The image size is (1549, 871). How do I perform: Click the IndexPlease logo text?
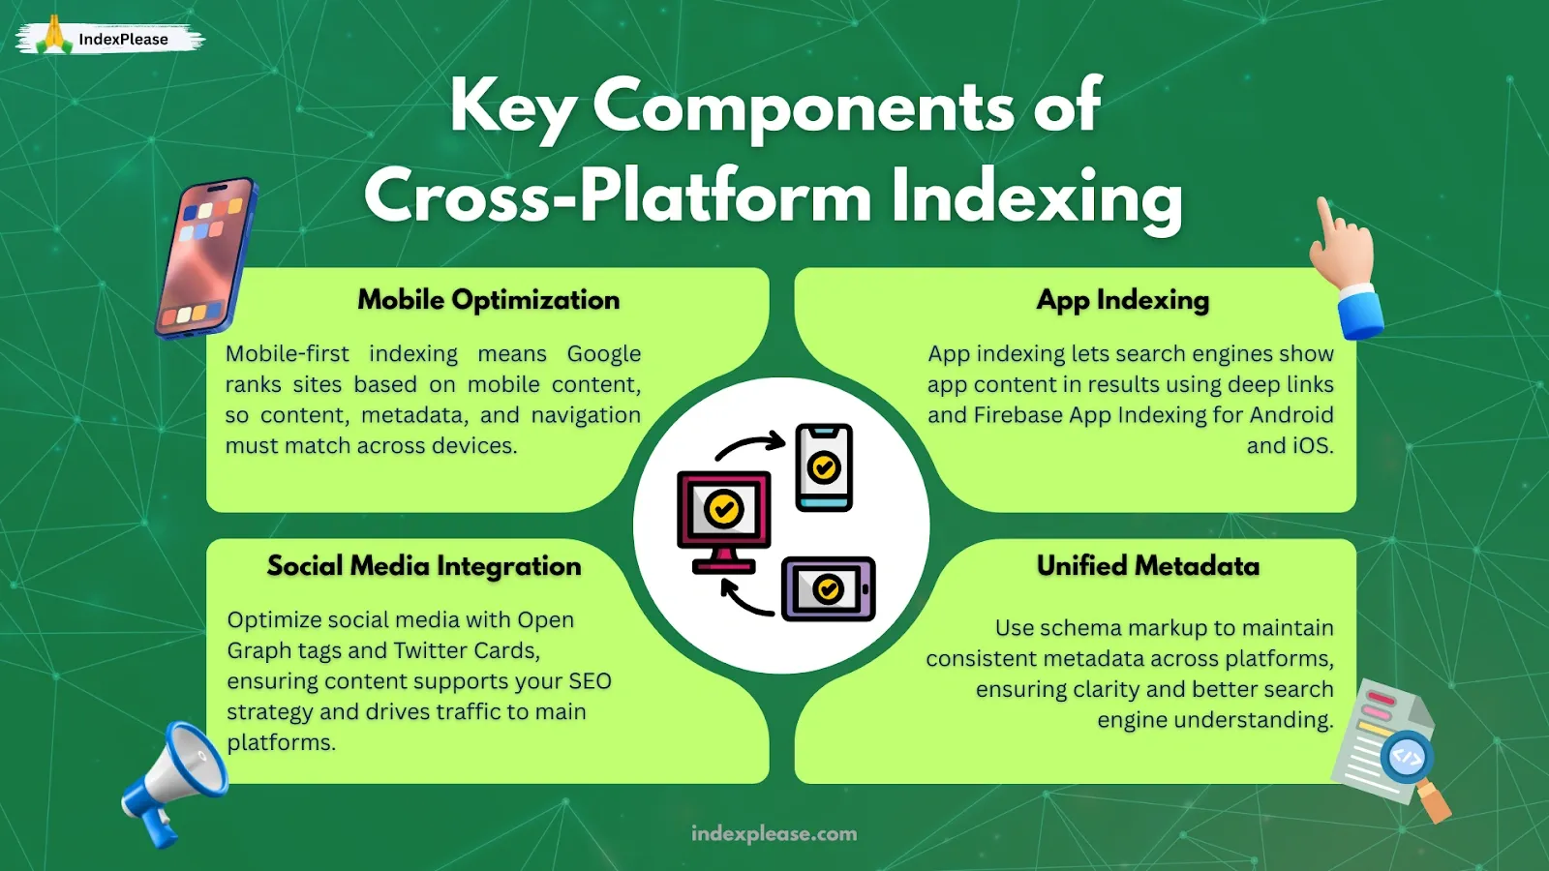click(x=123, y=40)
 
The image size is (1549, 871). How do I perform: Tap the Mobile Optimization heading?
click(x=488, y=300)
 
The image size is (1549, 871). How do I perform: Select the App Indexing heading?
click(x=1122, y=300)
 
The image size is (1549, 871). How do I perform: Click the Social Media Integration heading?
click(x=424, y=566)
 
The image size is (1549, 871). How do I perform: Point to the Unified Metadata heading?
click(x=1147, y=566)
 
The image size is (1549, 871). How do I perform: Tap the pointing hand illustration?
click(x=1346, y=266)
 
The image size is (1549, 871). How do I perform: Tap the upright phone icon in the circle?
click(x=824, y=467)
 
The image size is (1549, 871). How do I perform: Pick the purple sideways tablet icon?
click(x=828, y=588)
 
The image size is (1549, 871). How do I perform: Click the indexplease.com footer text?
click(x=774, y=834)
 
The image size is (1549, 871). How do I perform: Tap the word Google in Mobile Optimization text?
click(x=603, y=354)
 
